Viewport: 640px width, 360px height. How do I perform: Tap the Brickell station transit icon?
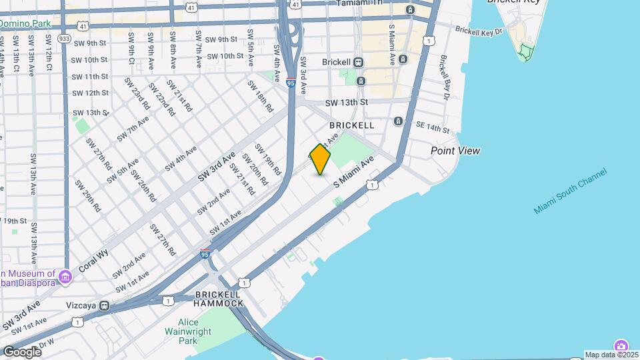click(359, 62)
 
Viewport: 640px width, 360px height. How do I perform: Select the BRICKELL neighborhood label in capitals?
click(351, 125)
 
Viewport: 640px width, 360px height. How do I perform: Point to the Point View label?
click(455, 151)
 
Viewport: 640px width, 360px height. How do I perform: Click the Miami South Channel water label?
click(570, 191)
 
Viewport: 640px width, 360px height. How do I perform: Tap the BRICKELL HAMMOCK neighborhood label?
click(219, 299)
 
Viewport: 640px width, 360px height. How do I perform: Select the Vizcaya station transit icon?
click(105, 305)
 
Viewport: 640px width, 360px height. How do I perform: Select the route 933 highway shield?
click(65, 39)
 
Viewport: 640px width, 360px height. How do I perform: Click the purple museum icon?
click(65, 276)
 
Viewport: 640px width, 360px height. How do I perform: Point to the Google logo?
click(22, 352)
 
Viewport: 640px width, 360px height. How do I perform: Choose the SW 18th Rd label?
click(261, 96)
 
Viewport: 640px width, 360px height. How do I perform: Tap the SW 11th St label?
click(89, 77)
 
